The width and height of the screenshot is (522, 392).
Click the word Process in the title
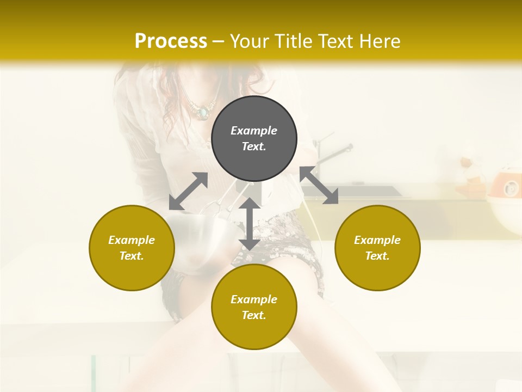(x=171, y=41)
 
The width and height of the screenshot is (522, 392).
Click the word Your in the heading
(x=250, y=41)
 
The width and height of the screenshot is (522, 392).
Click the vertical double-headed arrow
(x=250, y=224)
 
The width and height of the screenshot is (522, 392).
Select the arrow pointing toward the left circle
(x=188, y=191)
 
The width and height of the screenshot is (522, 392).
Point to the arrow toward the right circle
(x=319, y=185)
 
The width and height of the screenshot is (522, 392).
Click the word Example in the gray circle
(x=254, y=131)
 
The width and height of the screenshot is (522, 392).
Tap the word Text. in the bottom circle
(x=254, y=315)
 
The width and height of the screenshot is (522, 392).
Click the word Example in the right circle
(x=377, y=240)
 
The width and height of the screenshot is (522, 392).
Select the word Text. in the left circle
(x=132, y=256)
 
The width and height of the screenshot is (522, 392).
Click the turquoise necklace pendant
(x=203, y=113)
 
